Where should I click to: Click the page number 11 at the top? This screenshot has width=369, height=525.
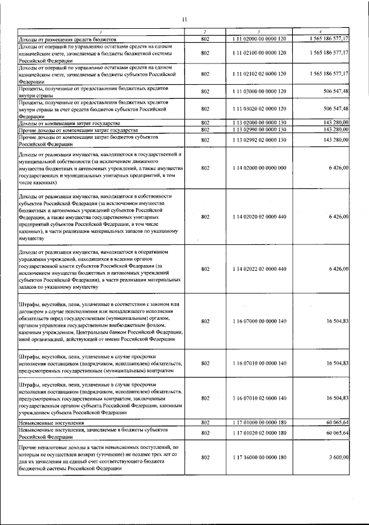click(x=184, y=20)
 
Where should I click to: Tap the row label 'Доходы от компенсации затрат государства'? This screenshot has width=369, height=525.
click(x=69, y=123)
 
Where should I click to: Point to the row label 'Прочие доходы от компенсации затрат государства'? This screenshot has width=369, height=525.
click(x=78, y=130)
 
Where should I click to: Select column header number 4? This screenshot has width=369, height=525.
click(x=321, y=31)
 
